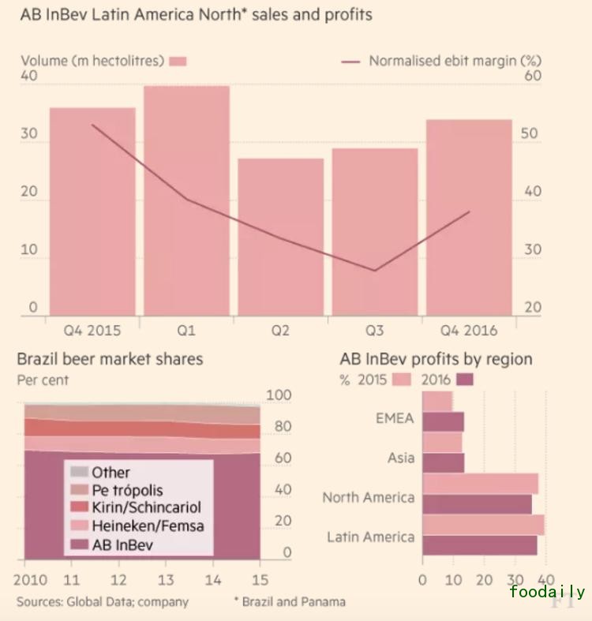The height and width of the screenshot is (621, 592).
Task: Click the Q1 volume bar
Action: point(186,200)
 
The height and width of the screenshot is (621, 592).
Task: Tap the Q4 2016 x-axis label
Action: point(469,331)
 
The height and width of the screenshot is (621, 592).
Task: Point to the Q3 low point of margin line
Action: point(374,271)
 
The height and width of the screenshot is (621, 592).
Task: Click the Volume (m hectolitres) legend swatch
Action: point(178,61)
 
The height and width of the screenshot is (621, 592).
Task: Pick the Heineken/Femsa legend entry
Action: point(148,526)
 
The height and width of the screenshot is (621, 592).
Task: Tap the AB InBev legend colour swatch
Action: point(80,544)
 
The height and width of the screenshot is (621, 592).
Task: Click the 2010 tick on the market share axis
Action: point(25,579)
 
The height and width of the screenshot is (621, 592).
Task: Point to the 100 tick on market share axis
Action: point(279,395)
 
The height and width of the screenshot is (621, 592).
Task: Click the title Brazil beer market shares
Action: point(110,359)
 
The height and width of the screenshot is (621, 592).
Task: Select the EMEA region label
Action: point(395,418)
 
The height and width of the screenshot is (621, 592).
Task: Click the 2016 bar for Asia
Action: point(443,462)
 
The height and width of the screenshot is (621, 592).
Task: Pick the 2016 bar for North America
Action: point(477,504)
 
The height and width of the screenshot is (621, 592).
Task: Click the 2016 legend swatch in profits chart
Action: point(465,380)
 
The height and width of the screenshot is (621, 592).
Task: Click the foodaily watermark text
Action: point(547,592)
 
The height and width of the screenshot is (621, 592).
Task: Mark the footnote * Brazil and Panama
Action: point(289,601)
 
